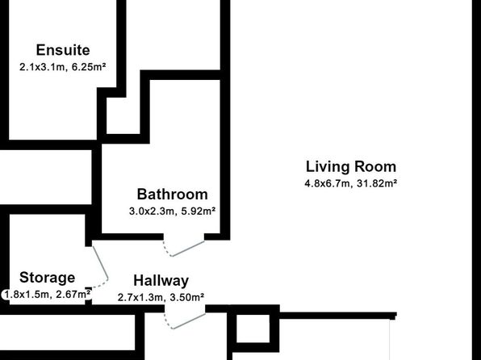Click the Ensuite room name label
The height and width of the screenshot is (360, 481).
click(63, 50)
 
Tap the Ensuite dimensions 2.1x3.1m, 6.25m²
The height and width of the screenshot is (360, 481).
click(63, 67)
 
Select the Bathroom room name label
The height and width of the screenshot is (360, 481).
click(173, 195)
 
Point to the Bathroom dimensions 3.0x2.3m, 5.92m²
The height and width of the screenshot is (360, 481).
click(173, 211)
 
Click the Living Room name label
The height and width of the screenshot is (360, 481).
click(351, 166)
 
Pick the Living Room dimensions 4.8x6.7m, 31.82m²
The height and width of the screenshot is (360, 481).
click(351, 183)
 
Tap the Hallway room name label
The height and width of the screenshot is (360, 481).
click(161, 281)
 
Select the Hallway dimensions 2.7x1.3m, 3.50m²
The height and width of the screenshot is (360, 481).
click(161, 297)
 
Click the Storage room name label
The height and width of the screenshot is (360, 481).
click(48, 278)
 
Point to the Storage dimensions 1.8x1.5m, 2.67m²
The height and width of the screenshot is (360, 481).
click(48, 295)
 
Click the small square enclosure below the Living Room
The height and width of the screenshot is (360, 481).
click(253, 329)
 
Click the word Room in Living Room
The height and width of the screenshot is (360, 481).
click(375, 166)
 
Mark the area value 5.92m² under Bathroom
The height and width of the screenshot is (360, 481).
click(199, 211)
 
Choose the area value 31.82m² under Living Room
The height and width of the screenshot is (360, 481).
click(378, 183)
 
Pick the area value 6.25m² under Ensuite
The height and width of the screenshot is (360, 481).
click(89, 67)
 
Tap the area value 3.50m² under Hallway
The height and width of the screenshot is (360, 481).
click(187, 297)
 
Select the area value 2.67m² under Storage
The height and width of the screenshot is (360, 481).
click(73, 295)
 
